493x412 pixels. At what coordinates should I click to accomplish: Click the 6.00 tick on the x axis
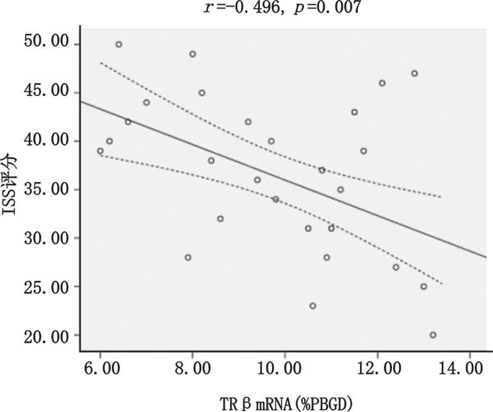pyautogui.click(x=100, y=370)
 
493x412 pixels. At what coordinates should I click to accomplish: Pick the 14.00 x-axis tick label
pyautogui.click(x=469, y=370)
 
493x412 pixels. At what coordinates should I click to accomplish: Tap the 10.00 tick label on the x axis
pyautogui.click(x=284, y=370)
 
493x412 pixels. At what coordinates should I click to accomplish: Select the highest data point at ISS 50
pyautogui.click(x=119, y=44)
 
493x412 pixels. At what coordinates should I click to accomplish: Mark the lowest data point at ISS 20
pyautogui.click(x=433, y=335)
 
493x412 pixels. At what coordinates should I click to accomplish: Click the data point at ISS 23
pyautogui.click(x=312, y=305)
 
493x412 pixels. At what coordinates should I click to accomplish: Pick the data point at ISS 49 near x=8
pyautogui.click(x=192, y=54)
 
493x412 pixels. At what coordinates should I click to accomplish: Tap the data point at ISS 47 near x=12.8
pyautogui.click(x=414, y=73)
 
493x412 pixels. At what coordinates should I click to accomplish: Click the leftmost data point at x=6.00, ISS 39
pyautogui.click(x=100, y=151)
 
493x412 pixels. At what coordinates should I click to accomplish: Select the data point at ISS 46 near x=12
pyautogui.click(x=382, y=83)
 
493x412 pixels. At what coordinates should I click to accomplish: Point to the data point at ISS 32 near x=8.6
pyautogui.click(x=220, y=219)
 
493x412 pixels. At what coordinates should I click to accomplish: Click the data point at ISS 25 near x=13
pyautogui.click(x=423, y=286)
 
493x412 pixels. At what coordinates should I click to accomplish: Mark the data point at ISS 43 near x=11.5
pyautogui.click(x=354, y=112)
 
